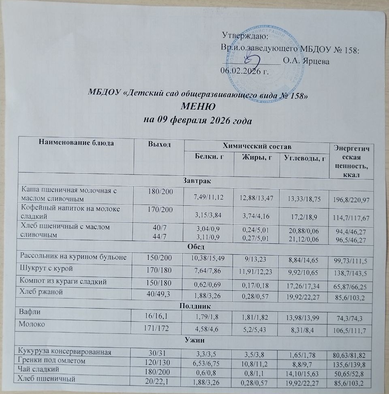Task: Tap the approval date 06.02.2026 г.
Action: (x=244, y=72)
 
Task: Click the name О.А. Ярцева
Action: (x=306, y=62)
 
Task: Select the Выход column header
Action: (x=158, y=144)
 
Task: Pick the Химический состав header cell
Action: (x=256, y=145)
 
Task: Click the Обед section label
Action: (x=196, y=246)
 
